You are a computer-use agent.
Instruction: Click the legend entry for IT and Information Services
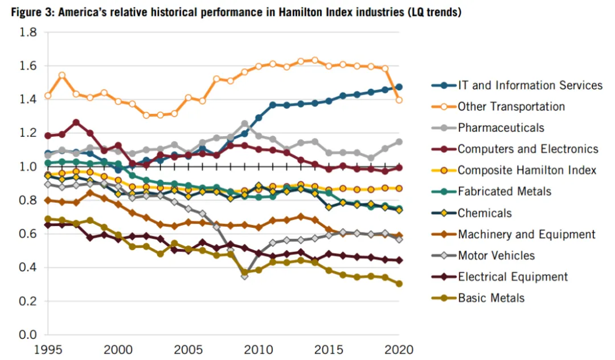[530, 85]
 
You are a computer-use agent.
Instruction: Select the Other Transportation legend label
[511, 107]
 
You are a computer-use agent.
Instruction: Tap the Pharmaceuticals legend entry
[501, 128]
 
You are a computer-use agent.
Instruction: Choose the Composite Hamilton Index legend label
[527, 170]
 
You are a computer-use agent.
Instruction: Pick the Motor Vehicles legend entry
[496, 256]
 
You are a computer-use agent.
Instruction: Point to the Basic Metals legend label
[491, 298]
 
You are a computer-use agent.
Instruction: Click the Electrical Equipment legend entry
[512, 277]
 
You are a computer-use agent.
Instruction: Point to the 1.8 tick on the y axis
[28, 33]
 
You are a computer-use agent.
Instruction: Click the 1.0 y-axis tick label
[28, 167]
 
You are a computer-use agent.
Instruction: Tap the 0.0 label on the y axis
[28, 334]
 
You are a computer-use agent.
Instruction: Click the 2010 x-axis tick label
[259, 349]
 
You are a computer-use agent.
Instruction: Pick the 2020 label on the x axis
[399, 349]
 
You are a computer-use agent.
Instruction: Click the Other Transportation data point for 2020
[399, 100]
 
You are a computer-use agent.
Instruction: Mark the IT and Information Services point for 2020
[399, 87]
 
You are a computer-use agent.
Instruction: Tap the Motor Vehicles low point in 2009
[244, 276]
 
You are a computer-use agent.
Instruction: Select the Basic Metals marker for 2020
[399, 284]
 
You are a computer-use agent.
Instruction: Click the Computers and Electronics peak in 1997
[76, 122]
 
